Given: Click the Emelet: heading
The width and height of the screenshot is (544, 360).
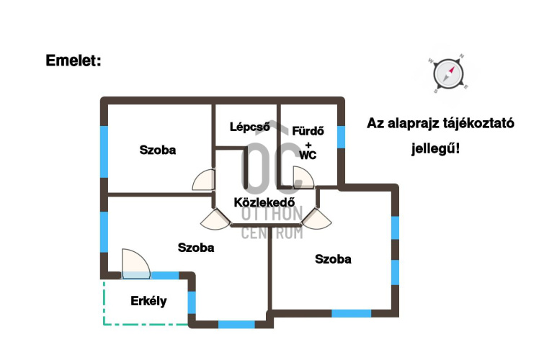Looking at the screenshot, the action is (x=73, y=60).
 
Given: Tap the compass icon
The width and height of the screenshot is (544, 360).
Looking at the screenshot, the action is (x=448, y=74).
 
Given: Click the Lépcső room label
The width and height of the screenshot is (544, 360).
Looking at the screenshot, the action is (x=250, y=127).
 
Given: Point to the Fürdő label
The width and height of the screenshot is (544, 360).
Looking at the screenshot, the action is (x=308, y=131).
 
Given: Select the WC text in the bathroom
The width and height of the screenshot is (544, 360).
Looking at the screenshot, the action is (x=308, y=155).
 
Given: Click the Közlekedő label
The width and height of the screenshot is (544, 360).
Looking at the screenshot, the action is (x=264, y=202).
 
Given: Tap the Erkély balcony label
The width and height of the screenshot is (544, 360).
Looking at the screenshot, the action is (x=148, y=301).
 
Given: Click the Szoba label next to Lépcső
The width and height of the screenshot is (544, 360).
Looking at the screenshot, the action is (x=158, y=150).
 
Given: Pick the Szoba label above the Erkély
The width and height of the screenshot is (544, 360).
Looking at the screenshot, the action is (x=196, y=248).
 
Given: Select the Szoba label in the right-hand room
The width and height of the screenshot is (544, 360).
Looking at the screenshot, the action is (x=333, y=259).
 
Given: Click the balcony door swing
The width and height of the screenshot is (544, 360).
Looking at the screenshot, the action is (x=136, y=264).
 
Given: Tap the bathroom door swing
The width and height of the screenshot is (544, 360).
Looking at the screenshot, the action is (x=303, y=178).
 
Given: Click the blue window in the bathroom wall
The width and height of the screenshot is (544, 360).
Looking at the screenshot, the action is (x=342, y=138).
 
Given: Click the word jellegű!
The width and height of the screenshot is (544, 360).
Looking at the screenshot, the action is (x=435, y=149).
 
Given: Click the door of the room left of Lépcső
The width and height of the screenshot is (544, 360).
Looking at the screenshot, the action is (x=204, y=180).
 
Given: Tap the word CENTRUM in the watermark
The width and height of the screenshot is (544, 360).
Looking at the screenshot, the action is (x=272, y=233).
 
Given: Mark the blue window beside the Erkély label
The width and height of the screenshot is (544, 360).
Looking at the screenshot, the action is (x=192, y=303).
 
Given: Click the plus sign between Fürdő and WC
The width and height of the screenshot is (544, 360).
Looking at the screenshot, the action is (x=308, y=145).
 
